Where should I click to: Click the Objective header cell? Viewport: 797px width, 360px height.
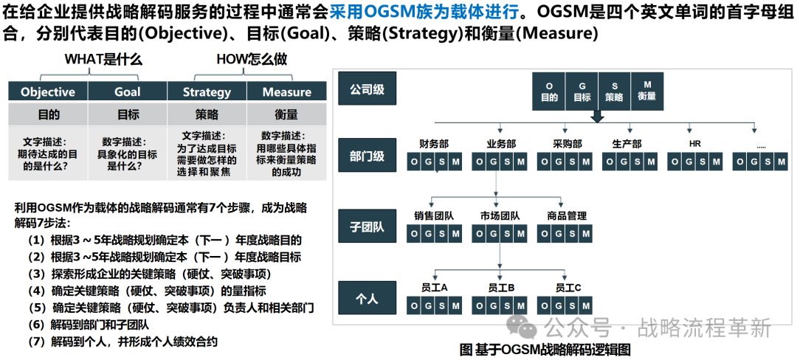click(x=48, y=91)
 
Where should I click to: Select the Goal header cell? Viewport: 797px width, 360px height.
click(x=128, y=91)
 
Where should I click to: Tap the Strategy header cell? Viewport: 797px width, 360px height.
click(x=207, y=91)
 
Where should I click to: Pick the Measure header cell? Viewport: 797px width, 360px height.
click(x=286, y=91)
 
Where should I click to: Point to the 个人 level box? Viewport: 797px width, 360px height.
click(x=367, y=298)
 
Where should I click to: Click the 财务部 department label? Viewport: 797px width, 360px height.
click(x=434, y=144)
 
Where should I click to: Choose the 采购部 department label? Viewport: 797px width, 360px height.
click(x=567, y=144)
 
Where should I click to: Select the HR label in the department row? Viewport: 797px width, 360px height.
click(x=694, y=144)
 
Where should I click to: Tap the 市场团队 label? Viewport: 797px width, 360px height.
click(x=500, y=216)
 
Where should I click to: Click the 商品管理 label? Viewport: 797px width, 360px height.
click(x=567, y=216)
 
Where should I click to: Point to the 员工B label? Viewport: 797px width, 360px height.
click(x=501, y=287)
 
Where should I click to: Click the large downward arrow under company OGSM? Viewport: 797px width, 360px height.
click(x=598, y=117)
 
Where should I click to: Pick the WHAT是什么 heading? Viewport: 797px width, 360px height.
click(x=103, y=59)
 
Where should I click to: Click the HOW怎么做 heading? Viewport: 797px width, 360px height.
click(x=252, y=59)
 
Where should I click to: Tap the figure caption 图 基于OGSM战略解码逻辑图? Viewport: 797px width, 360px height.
click(x=545, y=350)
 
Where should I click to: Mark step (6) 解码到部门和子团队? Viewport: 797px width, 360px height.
click(x=89, y=324)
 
